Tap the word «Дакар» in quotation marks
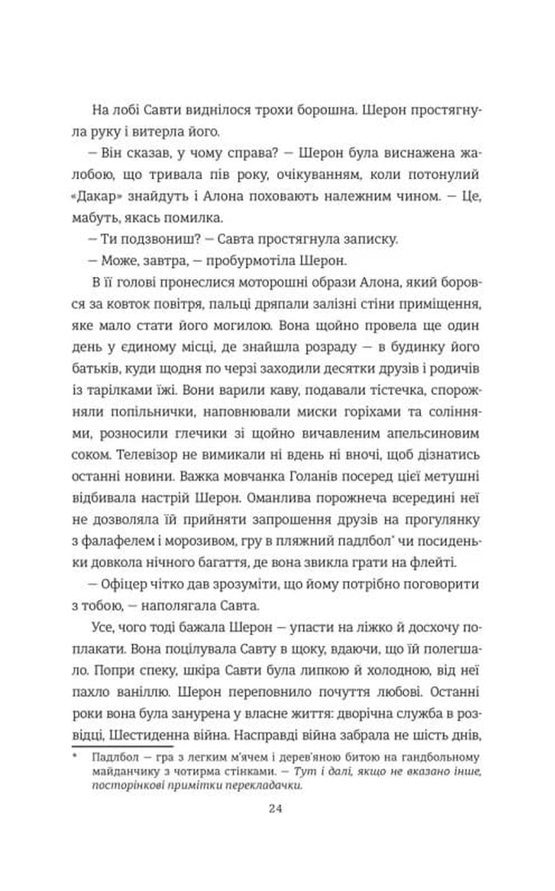coord(94,196)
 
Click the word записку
coord(371,239)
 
